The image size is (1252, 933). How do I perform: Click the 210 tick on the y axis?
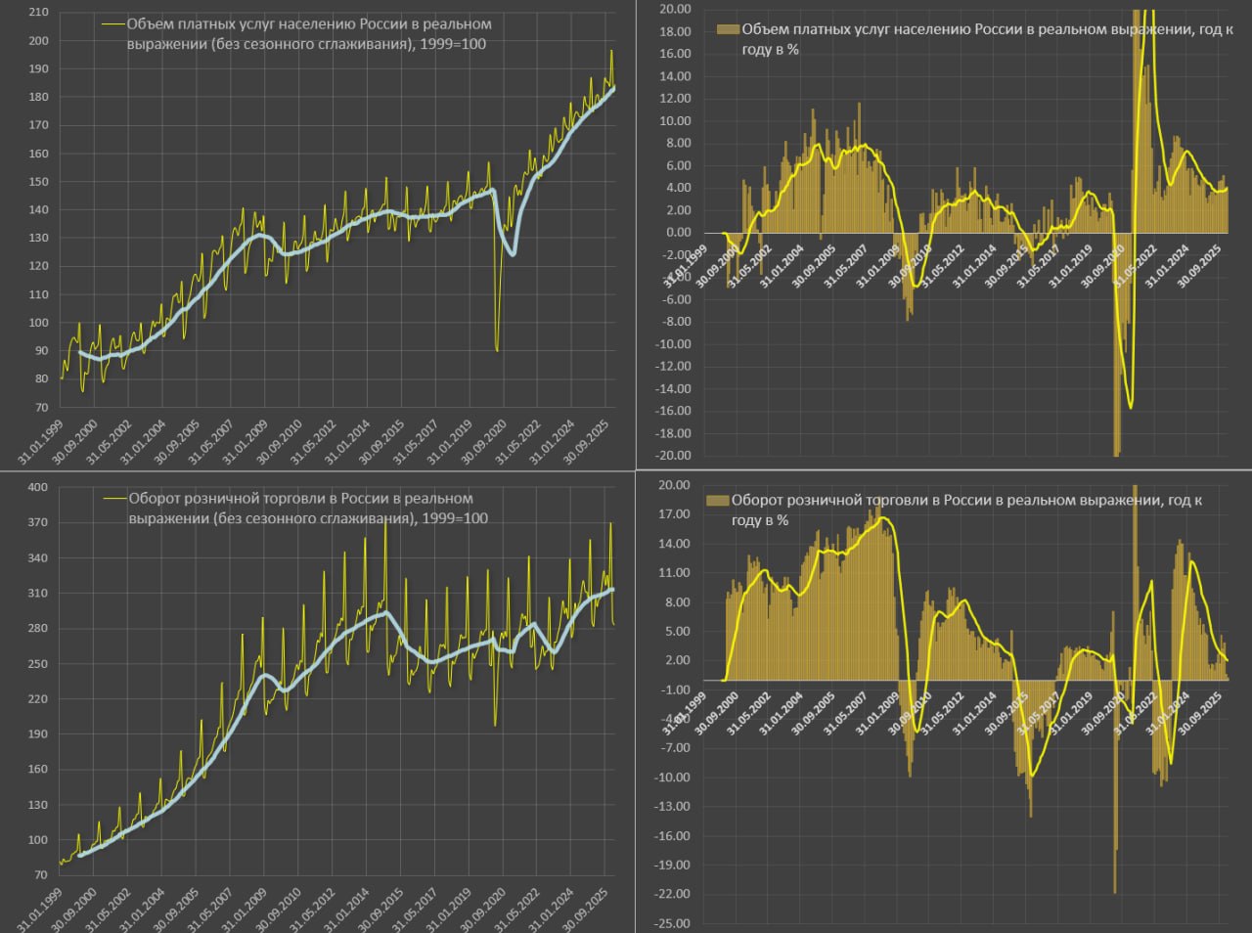[x=38, y=13]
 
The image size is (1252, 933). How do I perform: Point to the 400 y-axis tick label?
[x=37, y=488]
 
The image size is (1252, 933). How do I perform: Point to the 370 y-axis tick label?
[x=37, y=523]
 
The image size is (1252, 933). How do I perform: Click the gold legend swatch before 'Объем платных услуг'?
[x=728, y=29]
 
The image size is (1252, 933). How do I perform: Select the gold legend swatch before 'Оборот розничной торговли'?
[x=717, y=500]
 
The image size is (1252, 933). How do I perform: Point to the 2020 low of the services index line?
[x=497, y=349]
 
